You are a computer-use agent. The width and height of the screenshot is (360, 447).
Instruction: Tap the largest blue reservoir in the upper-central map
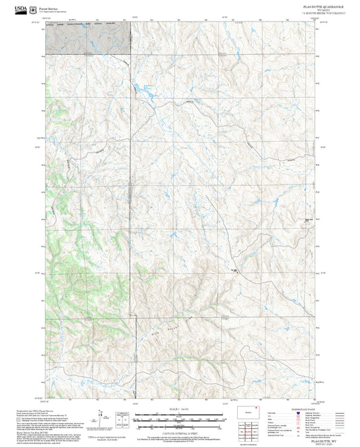point(144,88)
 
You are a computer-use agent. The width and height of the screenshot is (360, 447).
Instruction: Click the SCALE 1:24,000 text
point(180,409)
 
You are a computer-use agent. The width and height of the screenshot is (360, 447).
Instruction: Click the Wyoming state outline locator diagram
point(249,412)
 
